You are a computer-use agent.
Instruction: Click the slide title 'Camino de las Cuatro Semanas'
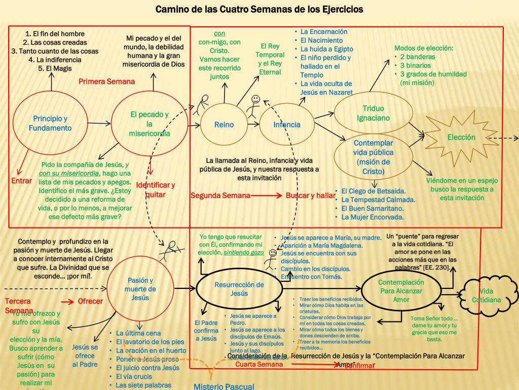259,9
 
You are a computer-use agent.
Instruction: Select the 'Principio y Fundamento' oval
50,123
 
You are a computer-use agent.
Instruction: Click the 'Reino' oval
224,125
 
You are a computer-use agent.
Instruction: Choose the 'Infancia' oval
287,125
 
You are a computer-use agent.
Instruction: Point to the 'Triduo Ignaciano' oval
373,113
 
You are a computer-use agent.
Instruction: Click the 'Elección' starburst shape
461,138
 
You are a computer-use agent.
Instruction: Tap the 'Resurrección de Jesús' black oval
239,289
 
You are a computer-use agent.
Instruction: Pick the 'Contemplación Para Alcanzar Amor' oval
400,290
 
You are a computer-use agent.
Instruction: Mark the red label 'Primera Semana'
107,82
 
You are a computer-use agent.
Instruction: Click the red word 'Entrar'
21,181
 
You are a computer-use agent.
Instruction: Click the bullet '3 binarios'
415,66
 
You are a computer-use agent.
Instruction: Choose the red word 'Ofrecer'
90,301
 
